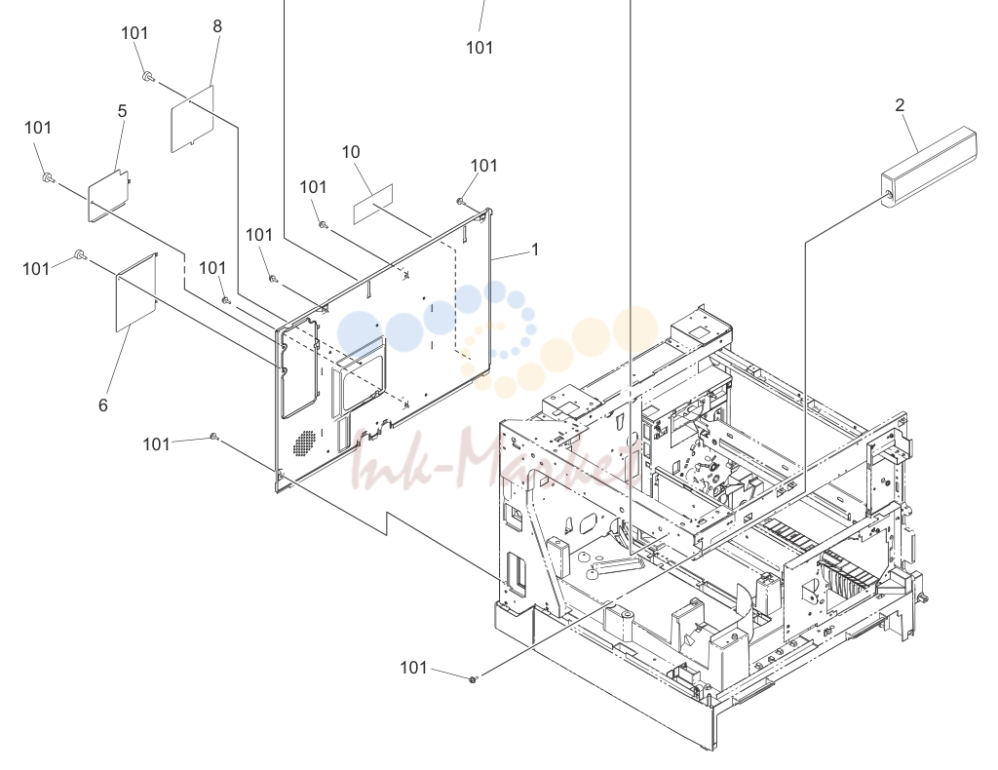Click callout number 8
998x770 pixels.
[x=217, y=26]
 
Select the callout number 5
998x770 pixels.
[x=122, y=111]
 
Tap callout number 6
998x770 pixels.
[x=103, y=405]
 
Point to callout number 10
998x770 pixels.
[x=351, y=152]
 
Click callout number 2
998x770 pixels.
[x=900, y=105]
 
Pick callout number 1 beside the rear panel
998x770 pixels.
[x=535, y=250]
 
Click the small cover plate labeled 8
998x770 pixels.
[x=192, y=119]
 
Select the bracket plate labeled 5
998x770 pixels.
[x=108, y=195]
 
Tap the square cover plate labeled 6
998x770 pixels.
[x=136, y=292]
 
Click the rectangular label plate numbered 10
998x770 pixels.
[x=373, y=204]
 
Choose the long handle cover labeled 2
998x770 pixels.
[x=929, y=167]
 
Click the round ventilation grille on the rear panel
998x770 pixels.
[x=305, y=443]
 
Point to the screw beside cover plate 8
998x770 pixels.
[x=148, y=78]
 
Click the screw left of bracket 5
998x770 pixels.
[x=47, y=177]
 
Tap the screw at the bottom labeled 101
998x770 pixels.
[x=473, y=679]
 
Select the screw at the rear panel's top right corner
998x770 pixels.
[x=460, y=202]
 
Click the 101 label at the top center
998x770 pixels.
[x=480, y=48]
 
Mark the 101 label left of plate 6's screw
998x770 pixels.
[x=36, y=269]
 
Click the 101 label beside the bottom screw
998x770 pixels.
[x=413, y=668]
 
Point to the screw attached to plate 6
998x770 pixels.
[x=81, y=254]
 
